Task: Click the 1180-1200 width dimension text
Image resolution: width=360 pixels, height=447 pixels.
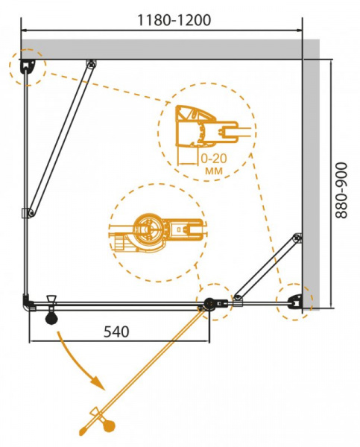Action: coord(174,20)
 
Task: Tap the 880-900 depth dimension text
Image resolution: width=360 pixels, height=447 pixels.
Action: coord(341,191)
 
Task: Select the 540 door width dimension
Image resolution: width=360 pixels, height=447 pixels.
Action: coord(116,332)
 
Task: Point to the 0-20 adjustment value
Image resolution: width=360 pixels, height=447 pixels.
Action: coord(214,159)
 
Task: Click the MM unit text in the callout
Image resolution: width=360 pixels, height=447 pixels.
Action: coord(214,171)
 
